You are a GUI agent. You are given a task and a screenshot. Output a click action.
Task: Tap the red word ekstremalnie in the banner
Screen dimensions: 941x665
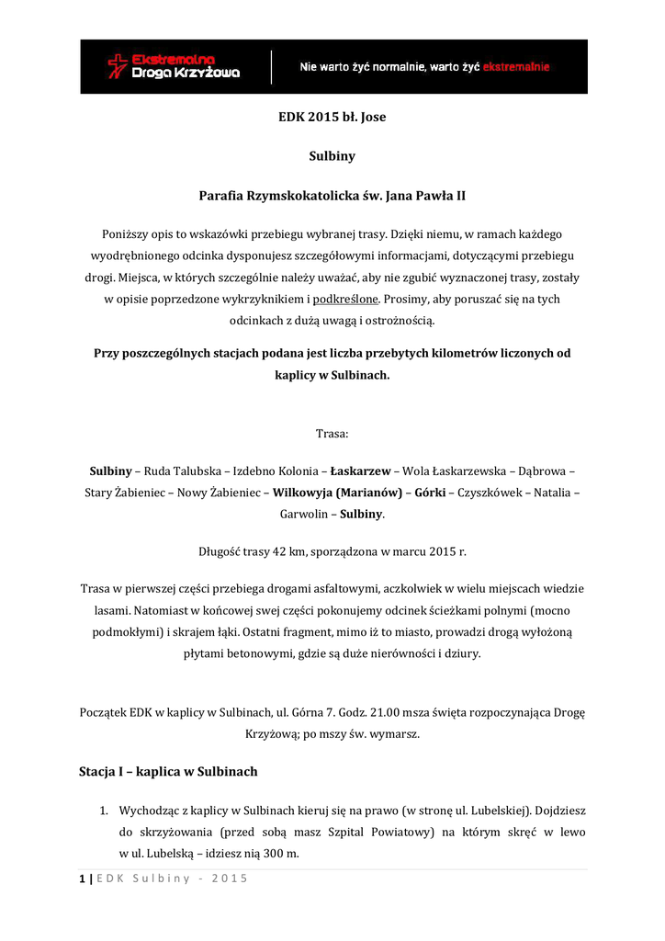(x=516, y=67)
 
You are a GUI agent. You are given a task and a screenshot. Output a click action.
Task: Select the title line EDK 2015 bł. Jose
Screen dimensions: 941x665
(x=332, y=117)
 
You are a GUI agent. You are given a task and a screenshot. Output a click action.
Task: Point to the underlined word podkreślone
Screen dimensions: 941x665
(x=345, y=299)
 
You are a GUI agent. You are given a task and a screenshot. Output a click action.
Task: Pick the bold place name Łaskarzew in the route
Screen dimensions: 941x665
(x=361, y=470)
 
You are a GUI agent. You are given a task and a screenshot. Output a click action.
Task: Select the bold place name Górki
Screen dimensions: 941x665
(x=430, y=492)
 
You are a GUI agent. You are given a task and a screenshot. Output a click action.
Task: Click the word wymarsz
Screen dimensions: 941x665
(x=397, y=735)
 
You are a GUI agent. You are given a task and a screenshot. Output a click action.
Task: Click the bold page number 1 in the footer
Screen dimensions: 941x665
(x=83, y=879)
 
